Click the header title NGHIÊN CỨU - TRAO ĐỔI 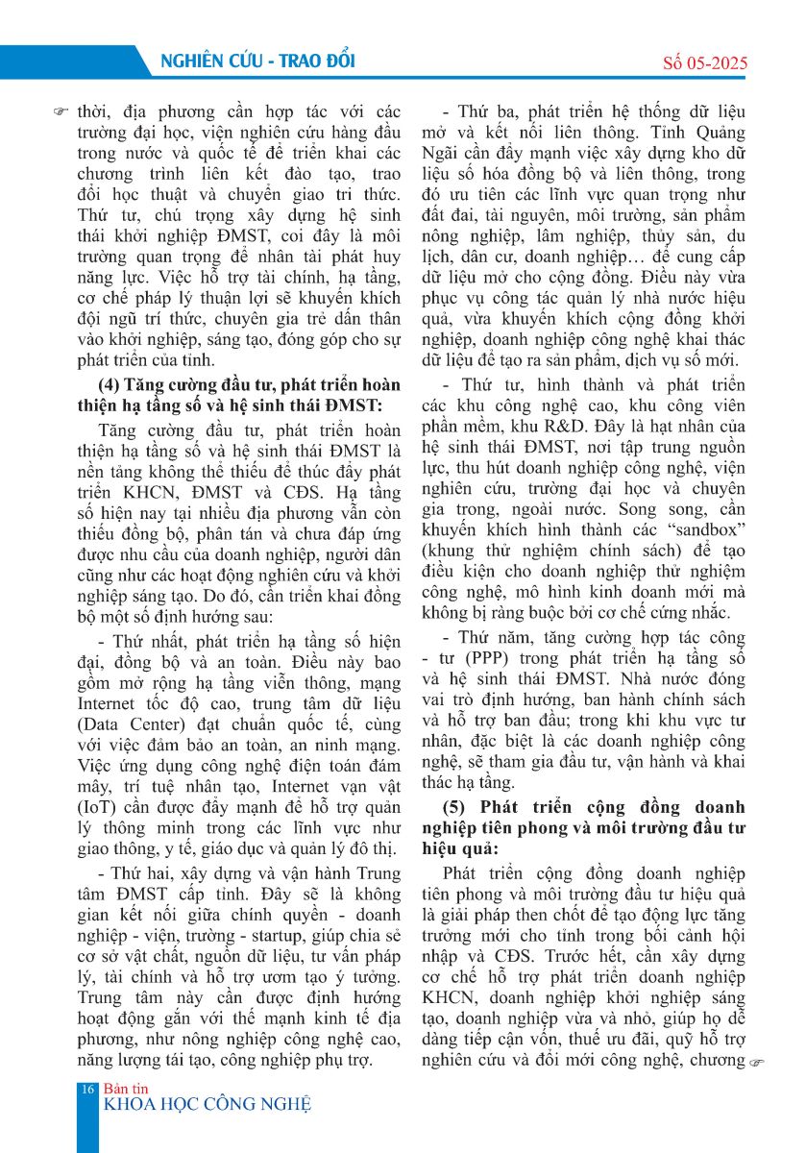[252, 61]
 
